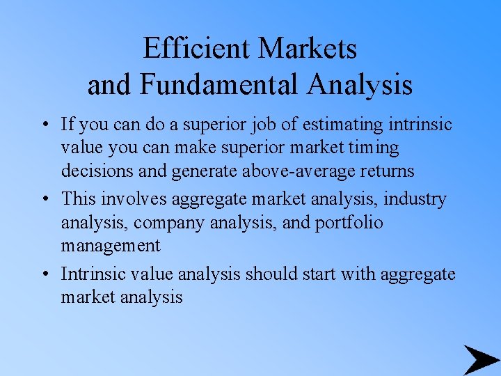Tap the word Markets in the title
tap(308, 49)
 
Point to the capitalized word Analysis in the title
tap(360, 84)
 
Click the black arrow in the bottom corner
tap(481, 360)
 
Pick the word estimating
tap(344, 125)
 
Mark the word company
tap(166, 224)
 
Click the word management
tap(111, 246)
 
